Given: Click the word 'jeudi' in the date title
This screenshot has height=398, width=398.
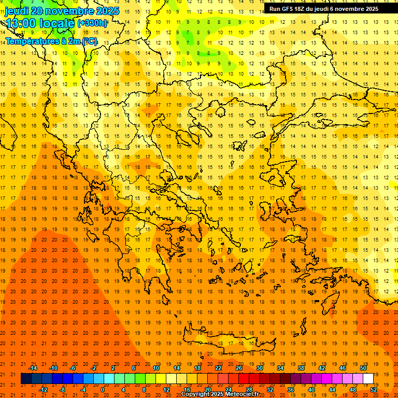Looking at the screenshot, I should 18,11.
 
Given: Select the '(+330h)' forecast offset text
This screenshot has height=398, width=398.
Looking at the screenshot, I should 92,23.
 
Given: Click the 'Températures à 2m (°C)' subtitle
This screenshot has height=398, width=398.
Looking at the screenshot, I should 51,41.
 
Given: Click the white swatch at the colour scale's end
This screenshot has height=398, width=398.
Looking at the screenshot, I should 368,379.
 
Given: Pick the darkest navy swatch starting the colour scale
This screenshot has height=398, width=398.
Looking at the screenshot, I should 26,379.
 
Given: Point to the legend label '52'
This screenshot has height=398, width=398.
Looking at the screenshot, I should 374,390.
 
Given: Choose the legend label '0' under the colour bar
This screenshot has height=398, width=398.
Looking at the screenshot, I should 103,390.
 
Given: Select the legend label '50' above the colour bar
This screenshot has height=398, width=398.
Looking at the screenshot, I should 363,368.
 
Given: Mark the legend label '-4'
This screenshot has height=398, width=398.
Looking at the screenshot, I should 83,390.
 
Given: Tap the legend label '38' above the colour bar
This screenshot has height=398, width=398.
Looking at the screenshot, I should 301,368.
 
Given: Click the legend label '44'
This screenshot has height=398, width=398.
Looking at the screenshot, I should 332,390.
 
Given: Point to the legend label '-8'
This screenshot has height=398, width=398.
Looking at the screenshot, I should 62,390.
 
